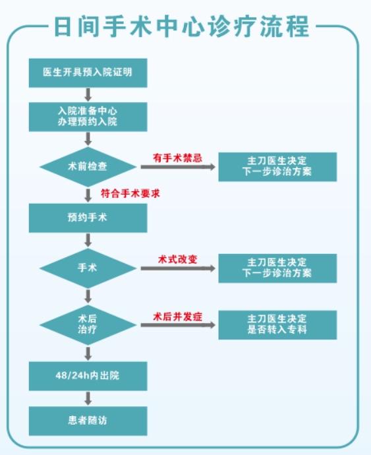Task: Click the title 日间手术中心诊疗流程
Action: coord(181,26)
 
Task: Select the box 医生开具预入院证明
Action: coord(88,73)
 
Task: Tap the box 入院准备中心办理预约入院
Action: coord(88,117)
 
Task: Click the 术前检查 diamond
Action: coord(88,167)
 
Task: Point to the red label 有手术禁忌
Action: coord(177,158)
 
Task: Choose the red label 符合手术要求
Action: coord(130,194)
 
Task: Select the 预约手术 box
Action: coord(88,218)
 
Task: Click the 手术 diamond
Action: coord(88,268)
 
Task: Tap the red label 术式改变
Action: coord(177,259)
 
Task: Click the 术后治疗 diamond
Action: coord(88,324)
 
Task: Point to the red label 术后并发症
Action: coord(177,317)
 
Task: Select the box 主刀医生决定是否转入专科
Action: coord(277,325)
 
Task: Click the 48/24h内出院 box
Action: coord(88,376)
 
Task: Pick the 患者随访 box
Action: coord(88,421)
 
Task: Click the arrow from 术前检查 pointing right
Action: coord(178,167)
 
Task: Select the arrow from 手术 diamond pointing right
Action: coord(178,268)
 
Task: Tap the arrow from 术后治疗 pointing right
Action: coord(178,325)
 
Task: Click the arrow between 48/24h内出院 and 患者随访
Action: coord(88,398)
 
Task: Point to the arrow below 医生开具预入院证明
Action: coord(88,94)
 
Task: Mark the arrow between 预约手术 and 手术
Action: coord(88,240)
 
